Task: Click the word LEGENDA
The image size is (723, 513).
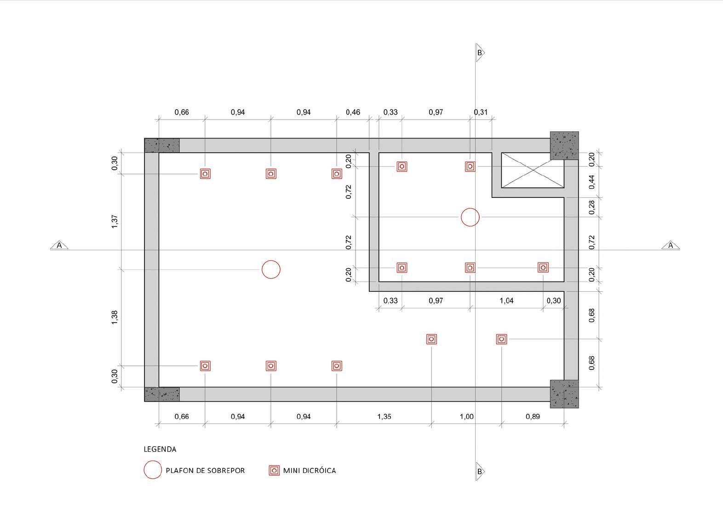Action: [160, 449]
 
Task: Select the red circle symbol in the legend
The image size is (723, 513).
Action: [153, 461]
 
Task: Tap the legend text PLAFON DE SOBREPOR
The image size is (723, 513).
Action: [205, 471]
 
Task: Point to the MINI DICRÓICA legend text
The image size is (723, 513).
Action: [310, 470]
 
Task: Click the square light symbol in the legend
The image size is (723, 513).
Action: [274, 470]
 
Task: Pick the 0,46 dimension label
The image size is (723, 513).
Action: [353, 112]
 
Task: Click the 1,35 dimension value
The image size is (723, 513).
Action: [384, 416]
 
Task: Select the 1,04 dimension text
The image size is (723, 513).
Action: [506, 300]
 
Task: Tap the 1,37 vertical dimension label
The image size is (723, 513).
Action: [115, 222]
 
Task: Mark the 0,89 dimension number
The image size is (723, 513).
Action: [533, 416]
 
